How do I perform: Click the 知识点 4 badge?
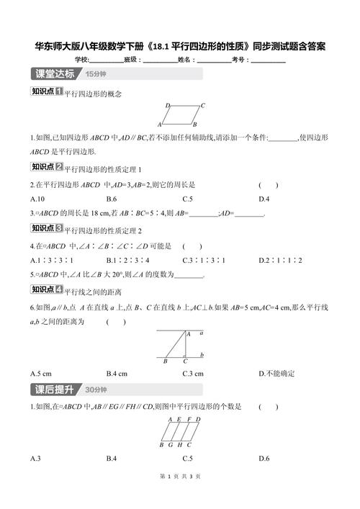pyautogui.click(x=47, y=290)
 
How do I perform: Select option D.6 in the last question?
pyautogui.click(x=264, y=458)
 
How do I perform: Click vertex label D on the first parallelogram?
pyautogui.click(x=167, y=105)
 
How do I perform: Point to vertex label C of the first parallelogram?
pyautogui.click(x=203, y=105)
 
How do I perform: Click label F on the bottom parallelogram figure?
pyautogui.click(x=188, y=419)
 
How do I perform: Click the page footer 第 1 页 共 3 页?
pyautogui.click(x=179, y=496)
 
